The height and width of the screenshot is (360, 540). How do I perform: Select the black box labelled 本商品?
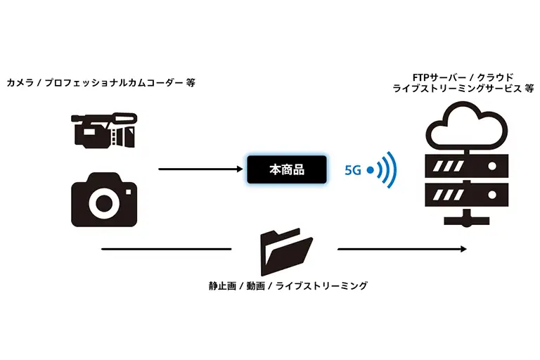tap(287, 169)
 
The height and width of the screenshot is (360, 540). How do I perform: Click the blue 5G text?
tap(353, 169)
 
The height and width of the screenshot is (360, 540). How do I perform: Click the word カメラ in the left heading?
tap(20, 82)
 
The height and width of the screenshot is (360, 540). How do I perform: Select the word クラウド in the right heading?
tap(494, 76)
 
